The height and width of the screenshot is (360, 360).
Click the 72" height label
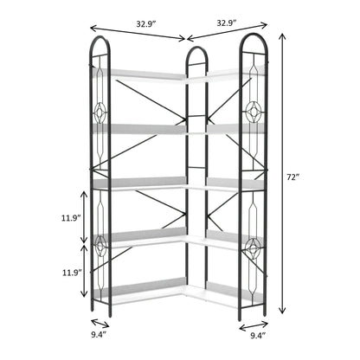click(x=294, y=177)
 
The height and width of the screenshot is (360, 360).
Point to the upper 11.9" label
click(x=71, y=217)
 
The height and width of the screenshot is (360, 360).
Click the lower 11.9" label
click(x=71, y=272)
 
